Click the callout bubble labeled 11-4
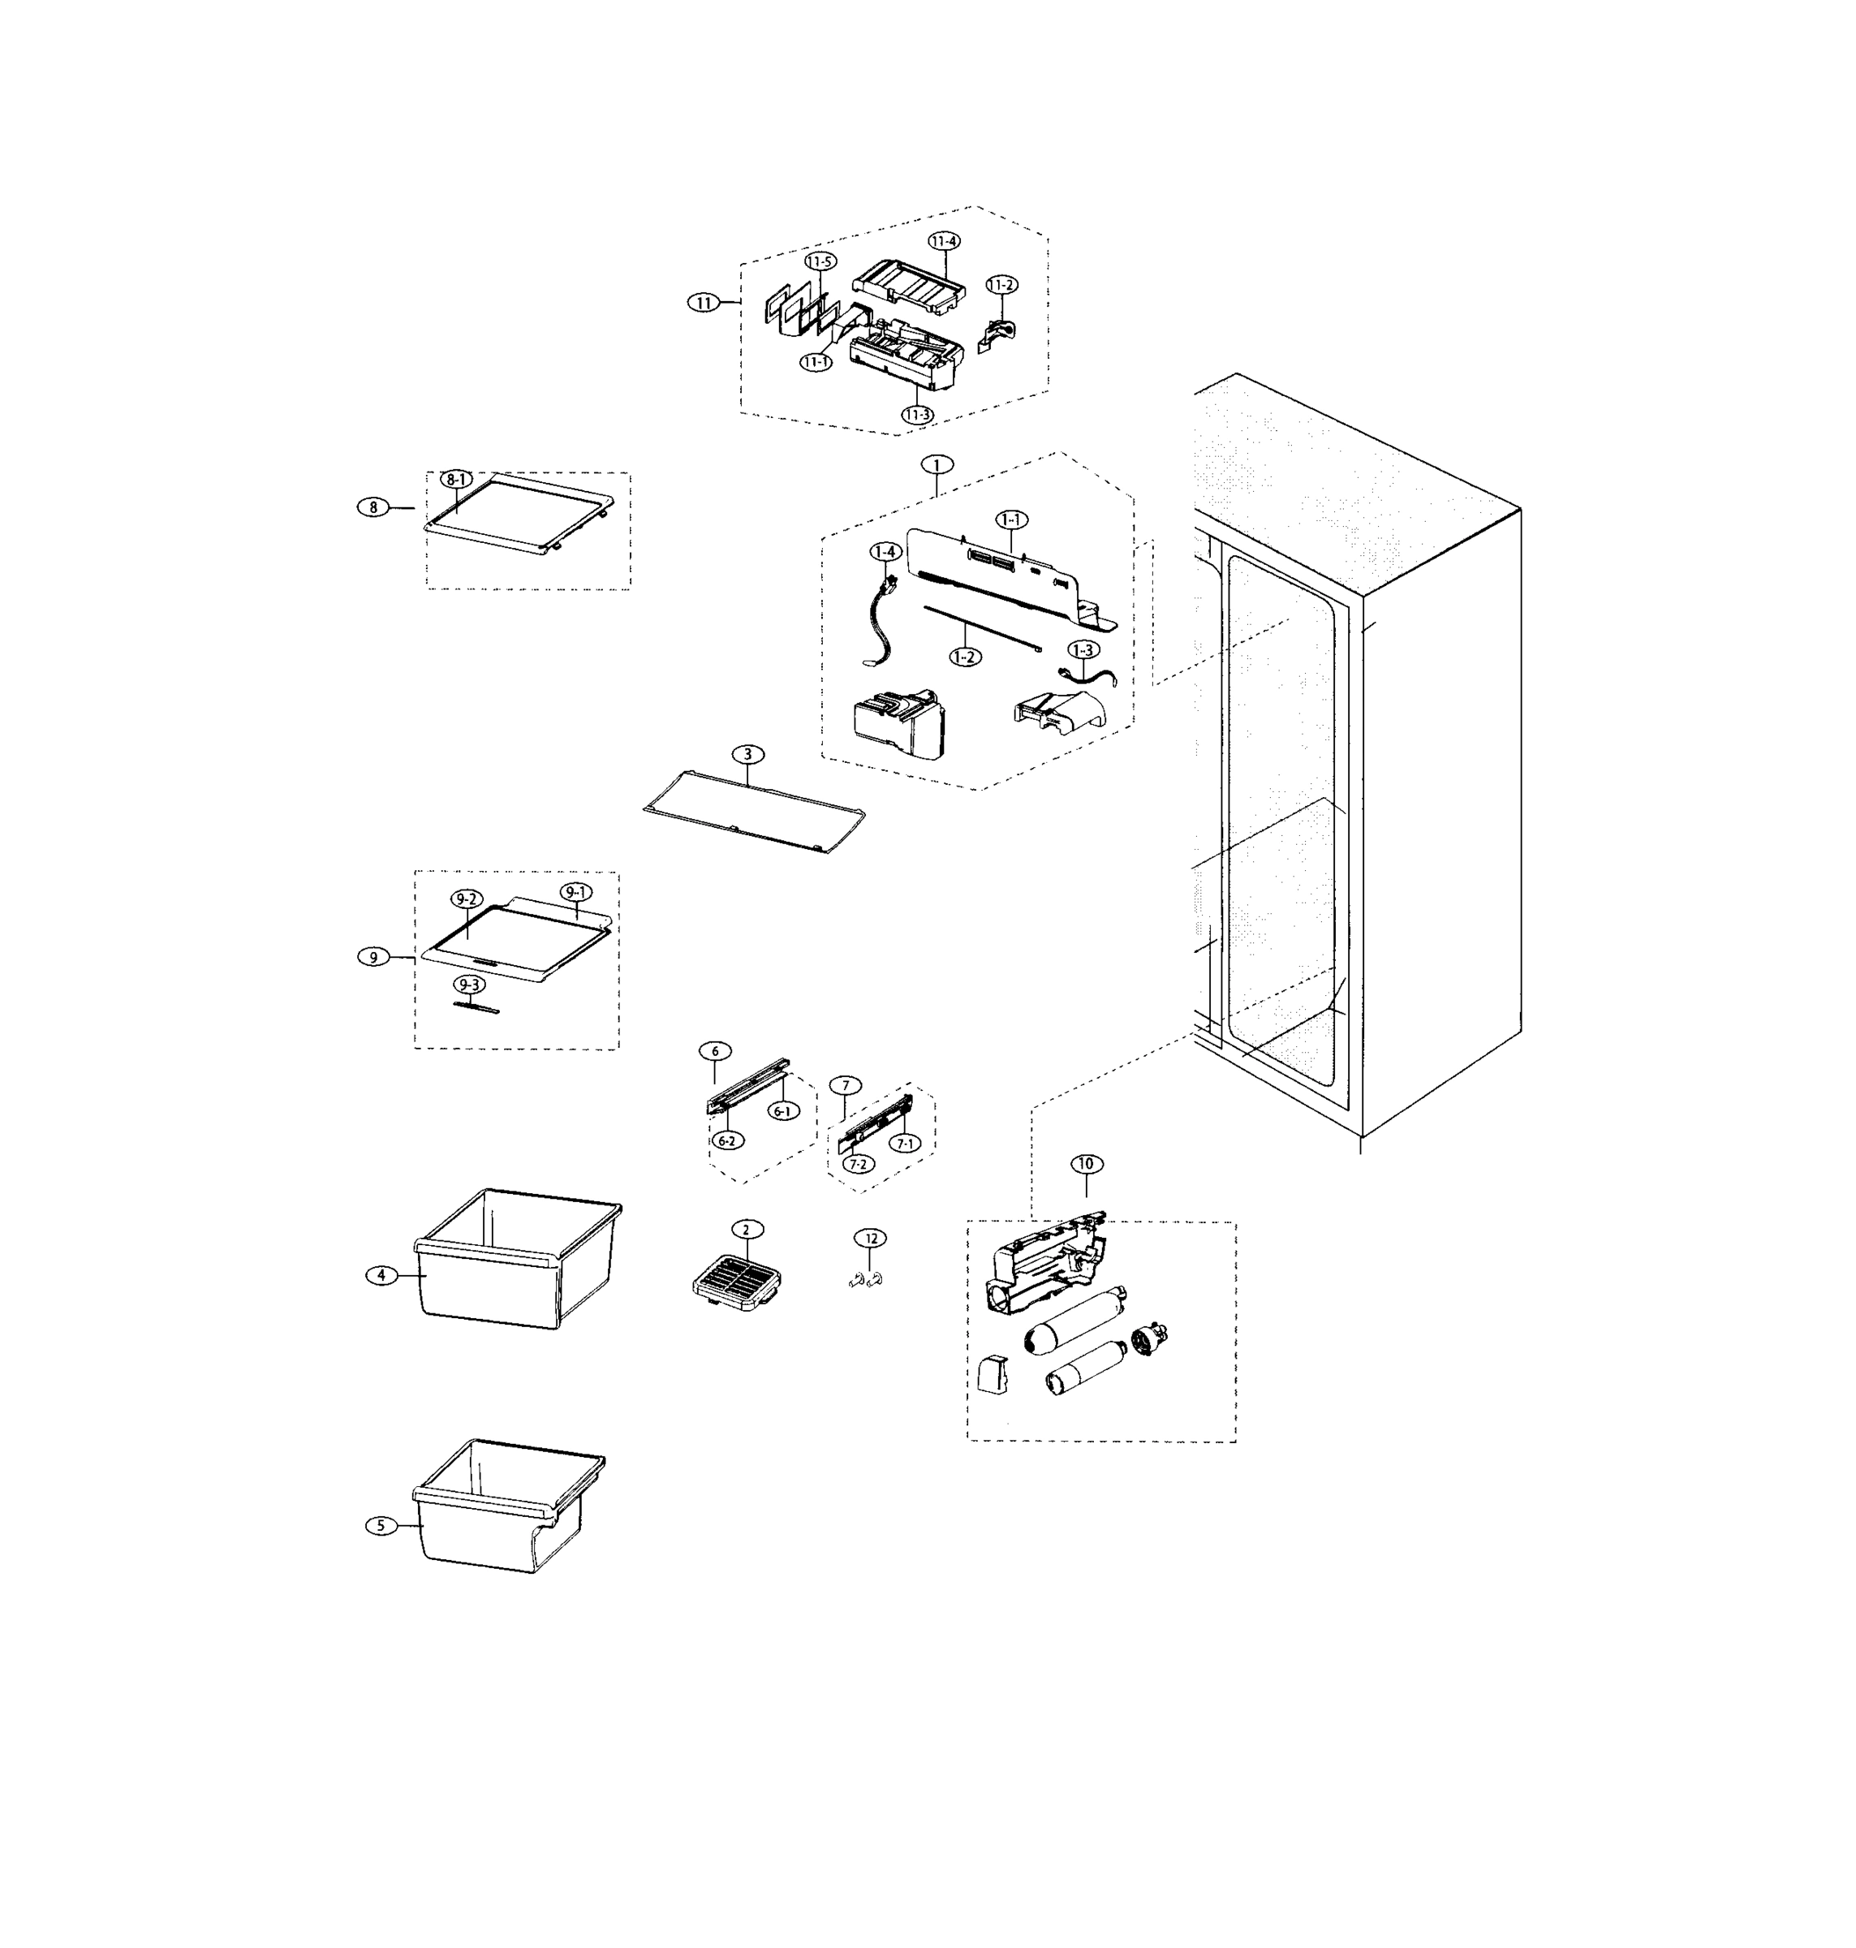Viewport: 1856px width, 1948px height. point(944,241)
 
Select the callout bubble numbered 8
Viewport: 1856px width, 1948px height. point(373,507)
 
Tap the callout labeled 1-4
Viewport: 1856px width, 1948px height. point(885,551)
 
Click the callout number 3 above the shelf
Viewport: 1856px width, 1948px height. point(748,755)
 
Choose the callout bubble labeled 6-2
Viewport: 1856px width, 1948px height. point(727,1140)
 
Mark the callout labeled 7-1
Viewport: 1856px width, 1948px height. point(904,1144)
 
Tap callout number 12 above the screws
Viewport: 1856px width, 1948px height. point(871,1238)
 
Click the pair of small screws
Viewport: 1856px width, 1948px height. point(864,1280)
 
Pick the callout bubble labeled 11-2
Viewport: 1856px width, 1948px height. point(1001,285)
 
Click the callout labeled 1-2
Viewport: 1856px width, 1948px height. point(966,656)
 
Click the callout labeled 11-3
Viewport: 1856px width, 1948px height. point(917,415)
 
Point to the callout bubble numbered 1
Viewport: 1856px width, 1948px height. point(936,464)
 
